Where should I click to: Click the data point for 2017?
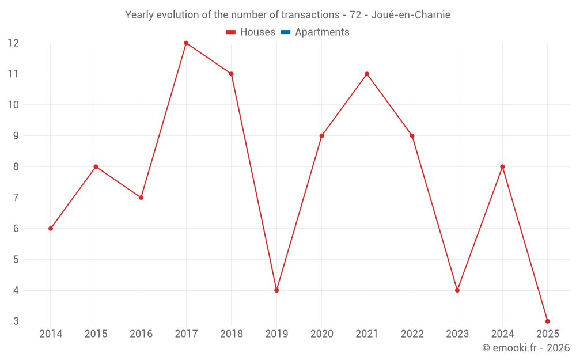click(x=186, y=43)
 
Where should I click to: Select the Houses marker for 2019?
click(x=276, y=290)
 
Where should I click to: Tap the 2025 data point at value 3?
click(x=547, y=321)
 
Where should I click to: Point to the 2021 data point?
click(x=367, y=74)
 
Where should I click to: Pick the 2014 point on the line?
click(x=51, y=229)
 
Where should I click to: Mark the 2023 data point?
click(x=457, y=290)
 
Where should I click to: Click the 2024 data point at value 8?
click(x=502, y=166)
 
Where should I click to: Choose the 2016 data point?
click(x=141, y=198)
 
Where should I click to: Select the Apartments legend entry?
click(x=322, y=32)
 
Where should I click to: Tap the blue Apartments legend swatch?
click(x=285, y=32)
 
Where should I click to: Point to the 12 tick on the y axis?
click(x=13, y=43)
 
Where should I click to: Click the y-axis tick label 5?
click(x=16, y=259)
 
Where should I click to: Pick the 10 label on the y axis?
click(x=13, y=105)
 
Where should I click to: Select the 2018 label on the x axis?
click(x=232, y=334)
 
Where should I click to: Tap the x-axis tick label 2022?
click(x=412, y=334)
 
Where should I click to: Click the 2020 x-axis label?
click(x=321, y=334)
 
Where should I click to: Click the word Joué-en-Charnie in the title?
click(x=411, y=14)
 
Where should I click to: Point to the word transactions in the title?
click(x=310, y=14)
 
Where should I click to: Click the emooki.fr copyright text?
click(x=526, y=348)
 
